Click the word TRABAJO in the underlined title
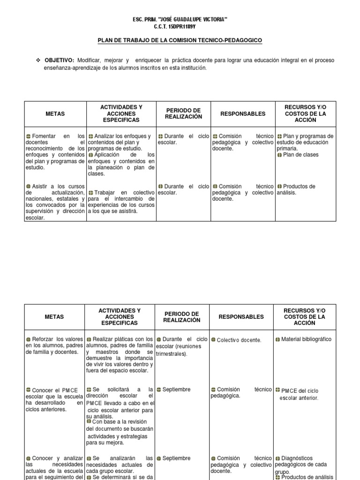136,41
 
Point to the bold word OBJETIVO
60,61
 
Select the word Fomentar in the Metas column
45,136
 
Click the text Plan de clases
300,155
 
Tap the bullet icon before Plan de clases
279,155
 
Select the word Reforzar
44,339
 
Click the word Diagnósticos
300,458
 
